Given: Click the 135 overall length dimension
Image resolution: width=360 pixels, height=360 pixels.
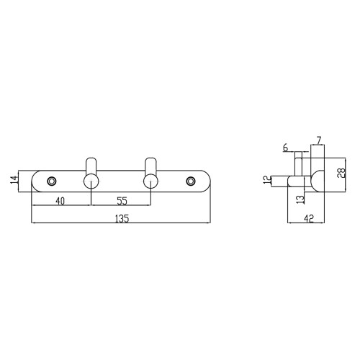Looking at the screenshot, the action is (x=122, y=219).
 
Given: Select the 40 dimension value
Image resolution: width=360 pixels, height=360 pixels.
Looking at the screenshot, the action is (x=60, y=201).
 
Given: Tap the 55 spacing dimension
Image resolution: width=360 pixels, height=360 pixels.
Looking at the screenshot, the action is (x=122, y=201).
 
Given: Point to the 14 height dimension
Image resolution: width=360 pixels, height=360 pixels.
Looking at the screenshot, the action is (x=14, y=180).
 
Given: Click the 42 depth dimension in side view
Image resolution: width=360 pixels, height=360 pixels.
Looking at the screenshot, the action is (x=309, y=219).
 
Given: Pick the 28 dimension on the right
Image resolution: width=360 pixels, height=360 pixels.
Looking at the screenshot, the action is (x=341, y=173).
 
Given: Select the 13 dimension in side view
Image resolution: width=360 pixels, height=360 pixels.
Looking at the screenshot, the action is (x=300, y=199).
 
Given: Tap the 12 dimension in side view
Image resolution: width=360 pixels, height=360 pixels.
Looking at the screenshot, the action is (x=266, y=180).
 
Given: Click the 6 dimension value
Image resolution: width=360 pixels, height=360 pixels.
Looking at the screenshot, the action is (x=285, y=148).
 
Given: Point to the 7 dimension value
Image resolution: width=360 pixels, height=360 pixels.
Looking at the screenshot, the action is (x=318, y=140).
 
